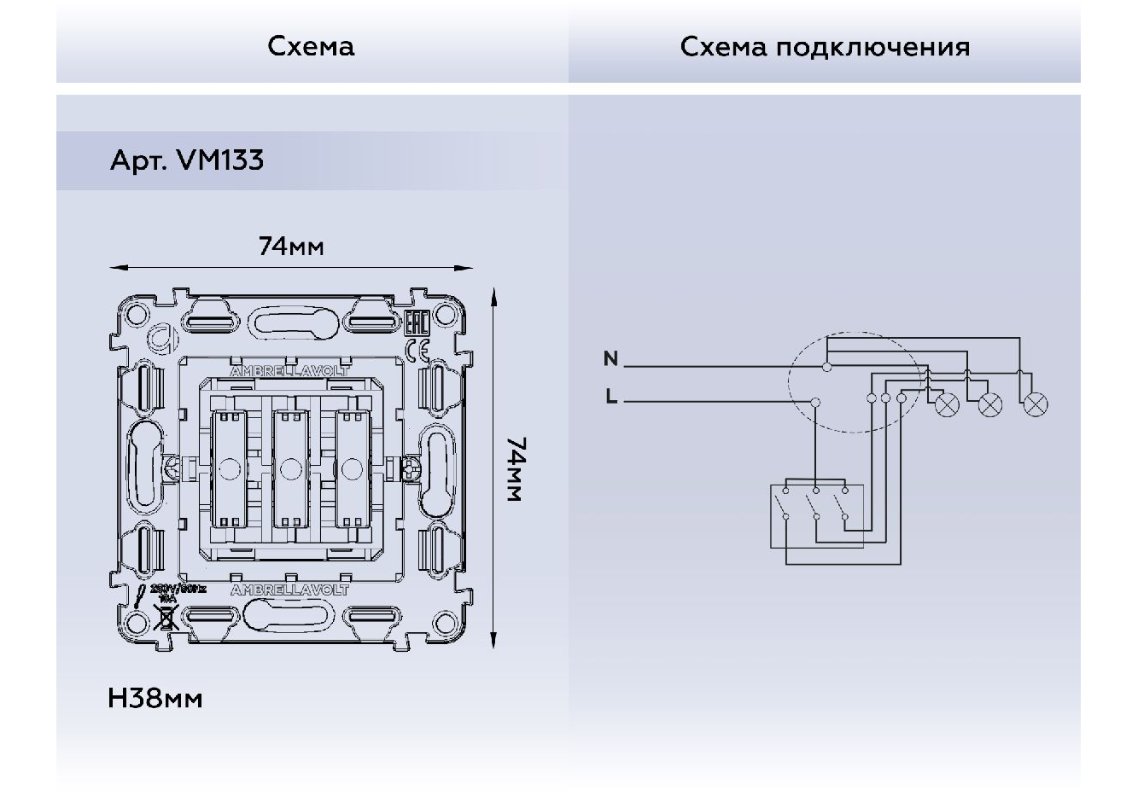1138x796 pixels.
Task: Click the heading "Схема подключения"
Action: [x=825, y=46]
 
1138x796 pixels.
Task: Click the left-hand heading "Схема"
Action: [x=311, y=46]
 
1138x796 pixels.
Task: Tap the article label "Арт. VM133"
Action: [x=187, y=160]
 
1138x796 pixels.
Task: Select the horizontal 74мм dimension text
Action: [x=291, y=247]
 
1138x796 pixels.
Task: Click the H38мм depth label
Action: [x=155, y=699]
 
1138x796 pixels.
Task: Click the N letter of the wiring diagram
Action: [x=610, y=358]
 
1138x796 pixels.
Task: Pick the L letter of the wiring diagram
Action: [x=610, y=396]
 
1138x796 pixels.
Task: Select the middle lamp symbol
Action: [x=990, y=405]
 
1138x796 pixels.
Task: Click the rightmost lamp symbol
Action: [x=1036, y=405]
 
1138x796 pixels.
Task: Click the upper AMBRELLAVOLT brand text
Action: [x=289, y=372]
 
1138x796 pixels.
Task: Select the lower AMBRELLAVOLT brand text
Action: [x=289, y=590]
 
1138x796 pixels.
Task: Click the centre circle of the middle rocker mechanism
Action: [x=290, y=468]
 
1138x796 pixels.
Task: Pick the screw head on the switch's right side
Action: [x=411, y=468]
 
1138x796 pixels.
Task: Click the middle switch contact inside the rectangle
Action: [x=816, y=515]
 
